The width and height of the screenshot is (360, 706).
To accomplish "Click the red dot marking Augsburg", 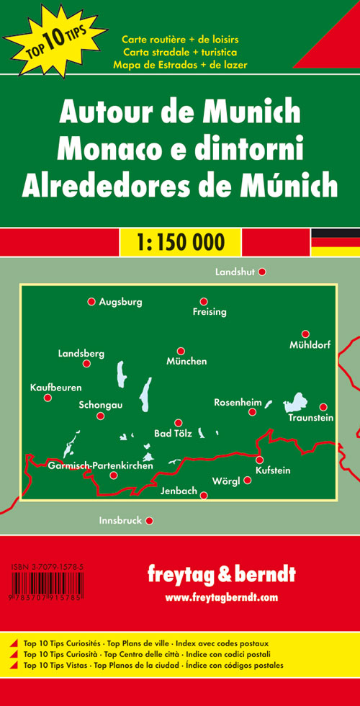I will click(x=91, y=302).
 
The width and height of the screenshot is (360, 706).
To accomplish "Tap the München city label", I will click(x=186, y=361).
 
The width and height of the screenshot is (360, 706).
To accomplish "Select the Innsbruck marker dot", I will click(x=150, y=520).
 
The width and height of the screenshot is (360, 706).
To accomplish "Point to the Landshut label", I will click(x=235, y=272).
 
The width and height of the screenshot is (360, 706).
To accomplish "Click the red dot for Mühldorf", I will click(x=305, y=334).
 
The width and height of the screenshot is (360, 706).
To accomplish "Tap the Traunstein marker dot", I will click(x=323, y=407).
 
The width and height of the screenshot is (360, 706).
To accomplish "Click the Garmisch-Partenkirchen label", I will click(x=101, y=466).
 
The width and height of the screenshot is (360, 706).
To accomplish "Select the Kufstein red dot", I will click(x=259, y=460).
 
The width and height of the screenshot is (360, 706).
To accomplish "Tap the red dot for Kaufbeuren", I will click(x=48, y=398).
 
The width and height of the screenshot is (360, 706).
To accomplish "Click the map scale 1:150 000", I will click(x=180, y=241).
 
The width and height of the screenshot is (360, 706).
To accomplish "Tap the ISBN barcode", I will click(x=48, y=584).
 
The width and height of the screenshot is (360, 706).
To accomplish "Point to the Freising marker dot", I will click(x=204, y=302).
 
